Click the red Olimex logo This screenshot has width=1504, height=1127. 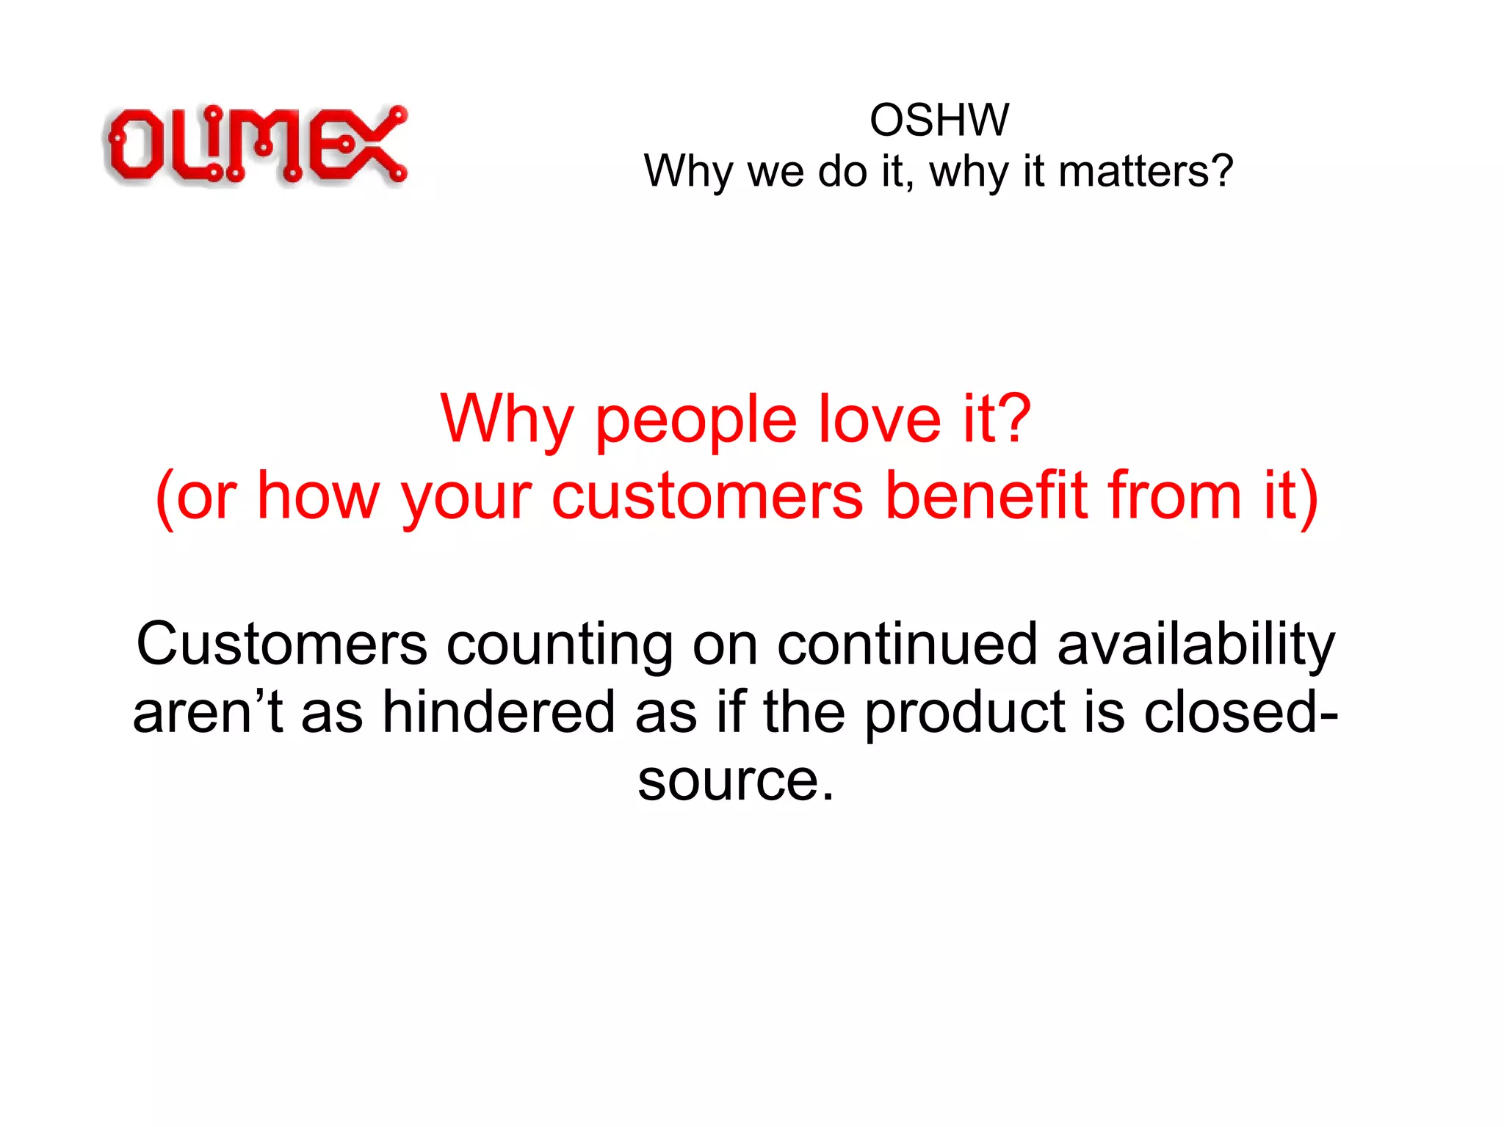tap(256, 145)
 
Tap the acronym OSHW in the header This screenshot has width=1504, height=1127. tap(939, 120)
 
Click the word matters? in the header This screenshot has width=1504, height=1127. tap(1146, 171)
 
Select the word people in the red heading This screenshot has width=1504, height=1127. tap(694, 421)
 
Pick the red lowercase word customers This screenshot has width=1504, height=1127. tap(707, 498)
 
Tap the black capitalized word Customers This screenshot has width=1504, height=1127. tap(281, 645)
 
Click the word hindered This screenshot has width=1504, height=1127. tap(499, 711)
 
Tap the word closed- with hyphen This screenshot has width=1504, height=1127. tap(1241, 711)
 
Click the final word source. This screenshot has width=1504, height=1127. tap(735, 780)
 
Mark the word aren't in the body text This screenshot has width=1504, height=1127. tap(208, 711)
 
